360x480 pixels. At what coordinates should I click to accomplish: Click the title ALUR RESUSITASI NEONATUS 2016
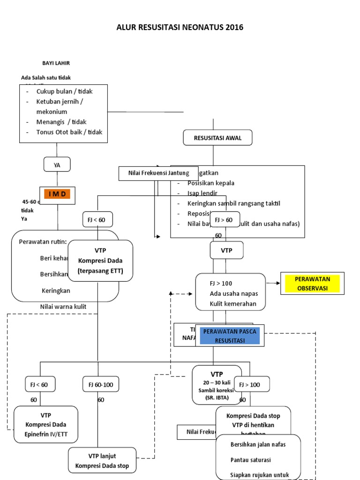pos(180,28)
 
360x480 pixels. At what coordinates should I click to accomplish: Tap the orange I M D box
pos(57,194)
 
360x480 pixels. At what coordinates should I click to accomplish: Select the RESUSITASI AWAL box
pos(217,138)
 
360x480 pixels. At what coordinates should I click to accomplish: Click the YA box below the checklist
pos(57,165)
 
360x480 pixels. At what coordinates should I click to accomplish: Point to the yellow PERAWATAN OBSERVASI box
pos(312,284)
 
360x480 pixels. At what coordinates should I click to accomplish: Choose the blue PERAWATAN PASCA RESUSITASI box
pos(230,336)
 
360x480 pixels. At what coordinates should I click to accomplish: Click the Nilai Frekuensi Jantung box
pos(159,173)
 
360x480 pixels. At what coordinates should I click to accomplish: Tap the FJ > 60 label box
pos(223,219)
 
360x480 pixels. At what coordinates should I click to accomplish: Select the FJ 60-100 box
pos(100,385)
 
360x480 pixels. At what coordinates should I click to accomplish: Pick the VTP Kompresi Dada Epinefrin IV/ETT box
pos(46,424)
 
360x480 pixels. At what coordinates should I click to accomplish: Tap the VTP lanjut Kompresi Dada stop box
pos(102,461)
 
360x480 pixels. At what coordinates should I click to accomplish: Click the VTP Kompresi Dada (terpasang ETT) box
pos(100,261)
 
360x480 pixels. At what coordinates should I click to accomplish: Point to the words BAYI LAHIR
pos(56,63)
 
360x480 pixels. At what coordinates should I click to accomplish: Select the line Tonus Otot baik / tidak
pos(69,132)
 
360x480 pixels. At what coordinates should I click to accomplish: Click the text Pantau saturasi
pos(251,459)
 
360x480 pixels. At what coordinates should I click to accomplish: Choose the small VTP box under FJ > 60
pos(226,251)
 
